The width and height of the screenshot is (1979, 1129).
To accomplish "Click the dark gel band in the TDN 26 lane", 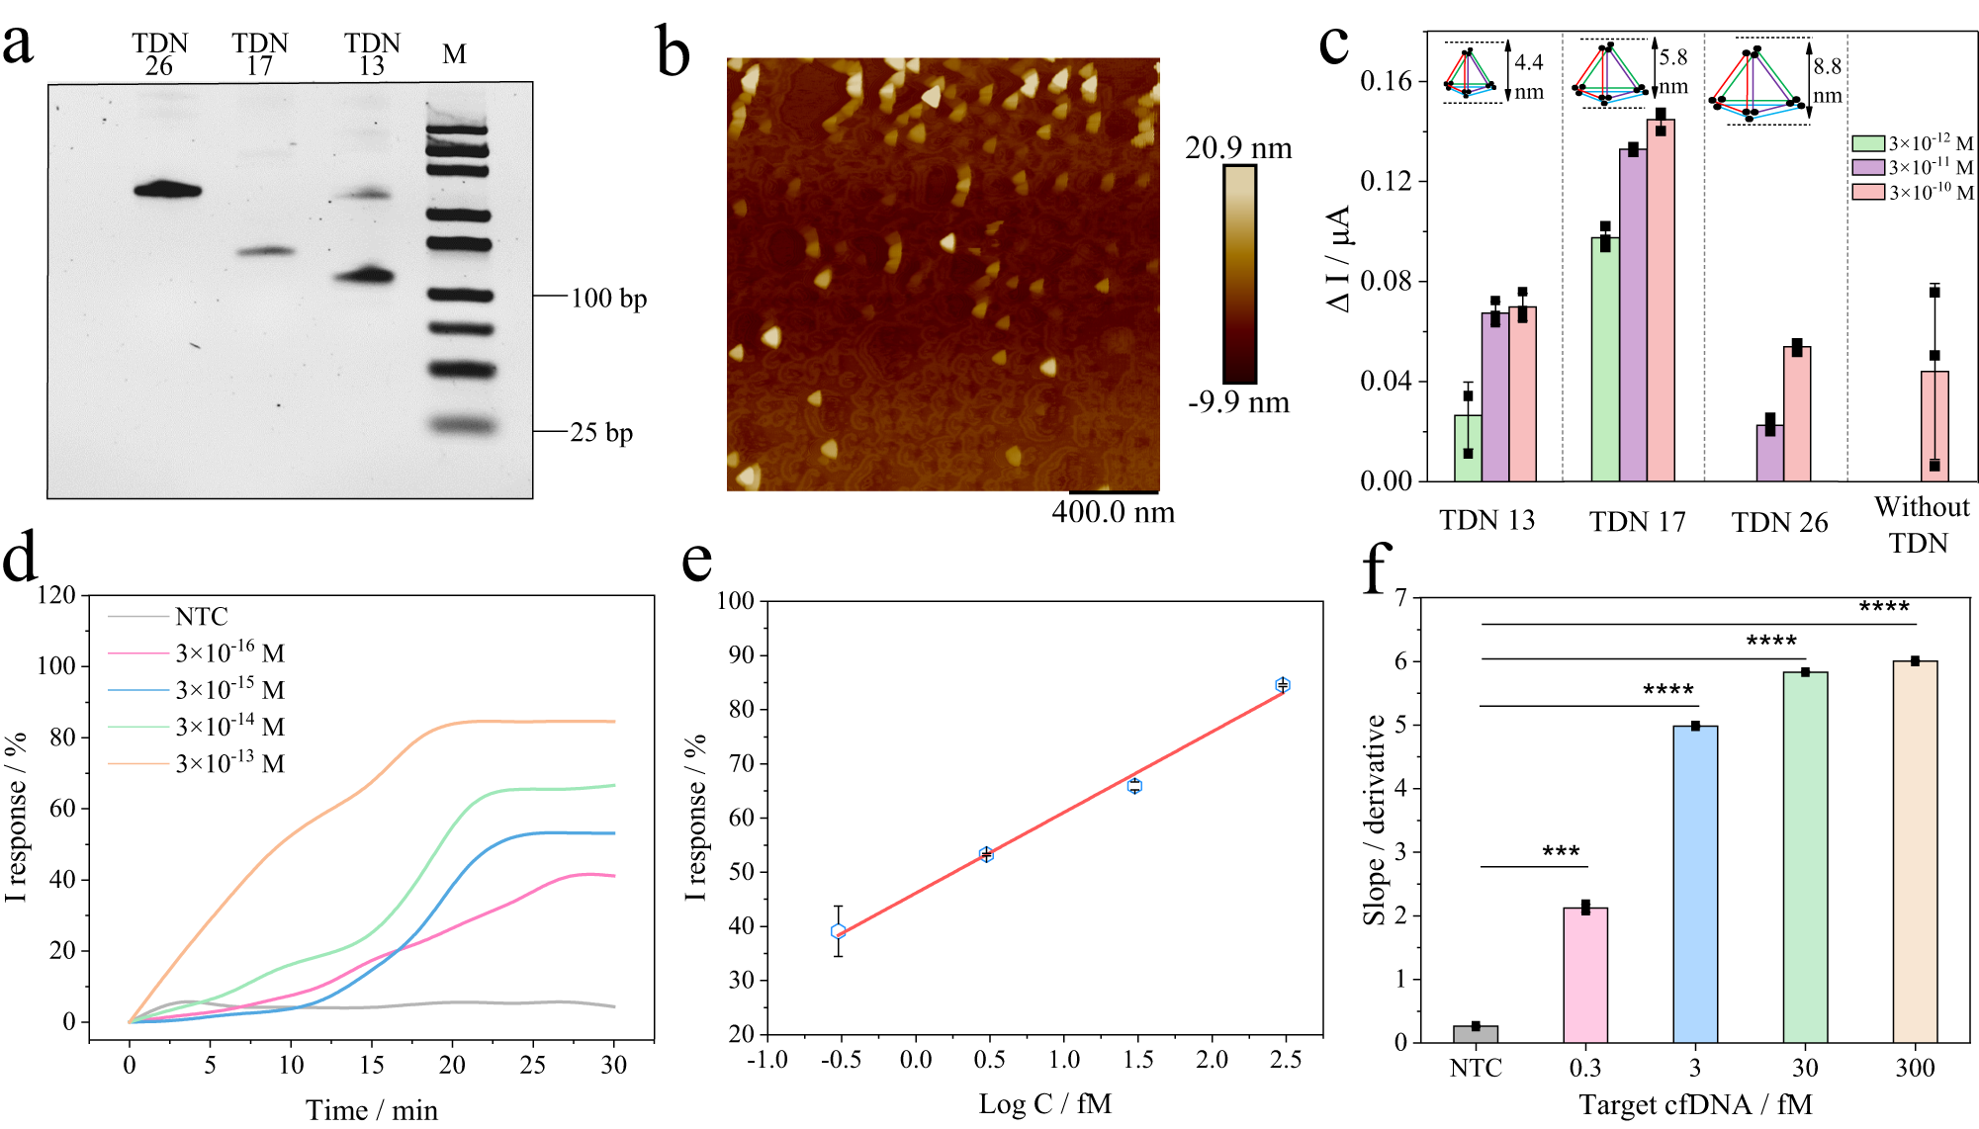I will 167,190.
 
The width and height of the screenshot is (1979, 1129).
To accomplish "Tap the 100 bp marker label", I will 608,298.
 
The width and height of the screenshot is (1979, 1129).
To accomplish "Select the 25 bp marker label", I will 601,432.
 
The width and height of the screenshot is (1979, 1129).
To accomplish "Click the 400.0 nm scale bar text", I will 1113,512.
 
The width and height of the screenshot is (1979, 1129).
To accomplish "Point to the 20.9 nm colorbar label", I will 1238,148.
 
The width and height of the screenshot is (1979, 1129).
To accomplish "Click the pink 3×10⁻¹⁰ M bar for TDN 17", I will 1661,302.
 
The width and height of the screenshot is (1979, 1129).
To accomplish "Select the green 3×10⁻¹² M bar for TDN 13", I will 1468,449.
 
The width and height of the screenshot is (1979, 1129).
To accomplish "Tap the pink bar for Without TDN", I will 1934,427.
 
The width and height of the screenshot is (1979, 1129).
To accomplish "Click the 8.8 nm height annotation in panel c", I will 1827,80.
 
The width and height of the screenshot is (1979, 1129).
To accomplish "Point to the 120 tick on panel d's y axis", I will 56,595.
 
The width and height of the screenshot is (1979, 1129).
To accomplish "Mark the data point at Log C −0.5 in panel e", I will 839,931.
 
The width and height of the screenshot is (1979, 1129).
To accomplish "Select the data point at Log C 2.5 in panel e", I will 1283,685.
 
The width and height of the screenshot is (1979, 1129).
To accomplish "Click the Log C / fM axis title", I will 1044,1103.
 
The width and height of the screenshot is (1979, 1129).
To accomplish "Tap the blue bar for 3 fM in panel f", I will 1695,885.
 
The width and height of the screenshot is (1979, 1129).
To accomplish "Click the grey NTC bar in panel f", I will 1476,1034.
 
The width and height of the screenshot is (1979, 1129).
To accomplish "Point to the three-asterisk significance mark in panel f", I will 1561,851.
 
